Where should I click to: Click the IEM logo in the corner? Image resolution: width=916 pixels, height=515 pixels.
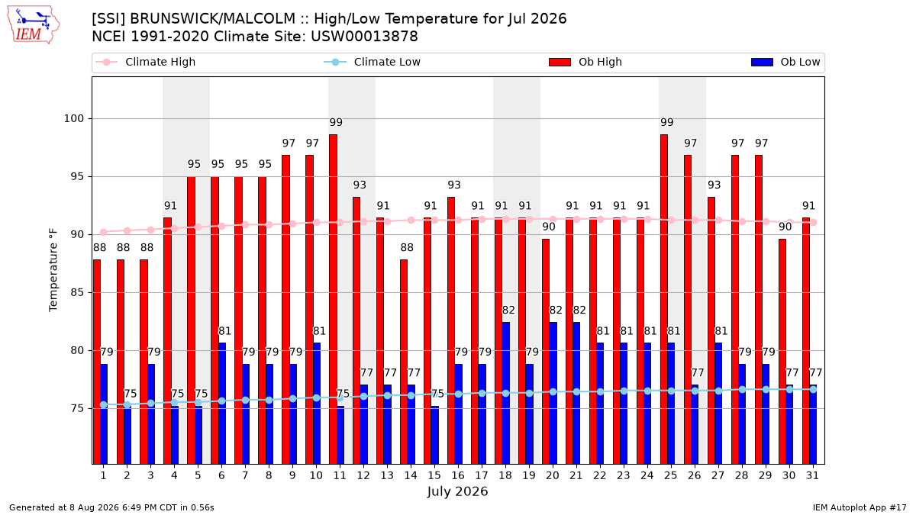point(34,25)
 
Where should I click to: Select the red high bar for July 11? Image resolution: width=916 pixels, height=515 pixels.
point(334,299)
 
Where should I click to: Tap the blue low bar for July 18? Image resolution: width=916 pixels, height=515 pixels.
point(506,393)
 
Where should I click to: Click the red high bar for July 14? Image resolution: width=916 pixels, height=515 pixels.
point(404,362)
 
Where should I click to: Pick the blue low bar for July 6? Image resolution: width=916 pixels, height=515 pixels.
point(222,404)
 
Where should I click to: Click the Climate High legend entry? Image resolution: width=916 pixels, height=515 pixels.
point(146,62)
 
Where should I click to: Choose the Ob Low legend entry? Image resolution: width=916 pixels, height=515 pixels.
point(785,62)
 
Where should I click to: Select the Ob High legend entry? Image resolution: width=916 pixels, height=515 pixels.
point(585,62)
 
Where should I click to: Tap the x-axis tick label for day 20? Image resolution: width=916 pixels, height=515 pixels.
point(553,475)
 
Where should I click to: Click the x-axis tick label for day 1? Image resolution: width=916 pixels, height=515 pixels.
point(104,475)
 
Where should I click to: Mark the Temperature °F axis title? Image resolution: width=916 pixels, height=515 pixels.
point(53,270)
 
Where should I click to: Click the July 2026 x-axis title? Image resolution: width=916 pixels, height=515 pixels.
point(457,491)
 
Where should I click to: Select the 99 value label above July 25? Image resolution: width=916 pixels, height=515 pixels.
point(667,122)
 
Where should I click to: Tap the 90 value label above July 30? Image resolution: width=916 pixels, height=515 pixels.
point(785,227)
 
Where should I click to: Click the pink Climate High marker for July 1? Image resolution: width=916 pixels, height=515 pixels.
point(104,232)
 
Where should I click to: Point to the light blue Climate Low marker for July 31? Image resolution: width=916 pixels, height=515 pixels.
point(813,390)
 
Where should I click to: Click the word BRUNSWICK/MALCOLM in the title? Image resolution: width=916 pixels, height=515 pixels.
point(213,19)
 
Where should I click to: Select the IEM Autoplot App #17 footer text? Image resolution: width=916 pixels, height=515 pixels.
point(860,507)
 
